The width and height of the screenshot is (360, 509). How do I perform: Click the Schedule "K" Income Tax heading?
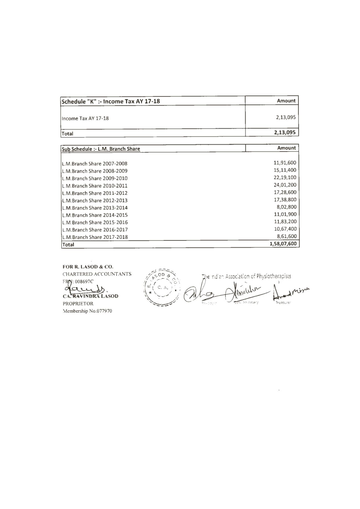(x=111, y=101)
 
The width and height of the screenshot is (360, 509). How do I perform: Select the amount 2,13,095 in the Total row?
(x=285, y=132)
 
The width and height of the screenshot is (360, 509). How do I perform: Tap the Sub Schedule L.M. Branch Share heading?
(x=101, y=149)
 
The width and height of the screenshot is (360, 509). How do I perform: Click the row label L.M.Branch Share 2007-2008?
(x=95, y=164)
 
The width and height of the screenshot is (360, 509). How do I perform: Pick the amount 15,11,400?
(x=285, y=170)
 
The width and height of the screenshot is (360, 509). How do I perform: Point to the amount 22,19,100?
(x=285, y=177)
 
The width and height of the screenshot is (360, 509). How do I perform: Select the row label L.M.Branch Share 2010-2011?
(x=95, y=186)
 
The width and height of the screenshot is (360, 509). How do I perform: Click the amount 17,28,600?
(x=285, y=192)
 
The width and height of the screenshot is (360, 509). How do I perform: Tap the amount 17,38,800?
(x=285, y=200)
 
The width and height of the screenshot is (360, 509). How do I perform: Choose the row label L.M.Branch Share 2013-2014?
(x=95, y=208)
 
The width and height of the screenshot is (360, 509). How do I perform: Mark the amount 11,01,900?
(x=285, y=214)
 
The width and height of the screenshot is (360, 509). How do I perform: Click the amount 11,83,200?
(x=285, y=221)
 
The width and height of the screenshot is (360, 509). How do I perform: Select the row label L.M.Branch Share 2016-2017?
(x=95, y=230)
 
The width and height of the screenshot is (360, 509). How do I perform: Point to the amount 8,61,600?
(x=287, y=236)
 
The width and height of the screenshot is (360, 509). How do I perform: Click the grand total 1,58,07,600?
(x=283, y=244)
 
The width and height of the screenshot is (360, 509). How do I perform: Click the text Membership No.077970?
(x=88, y=311)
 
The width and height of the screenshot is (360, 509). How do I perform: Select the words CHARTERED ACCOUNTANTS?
(x=97, y=274)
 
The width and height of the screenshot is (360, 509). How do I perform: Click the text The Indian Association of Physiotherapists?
(x=246, y=276)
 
